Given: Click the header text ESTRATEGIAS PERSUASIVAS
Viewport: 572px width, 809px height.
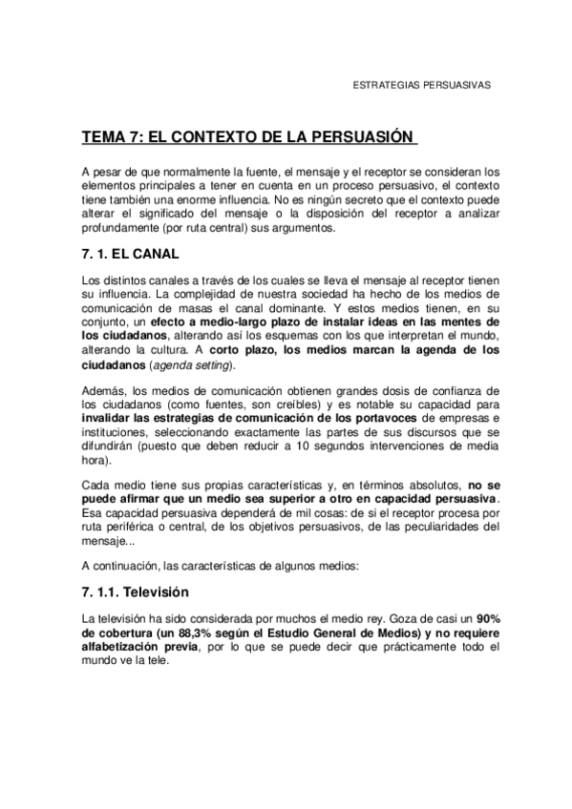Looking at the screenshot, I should pos(422,85).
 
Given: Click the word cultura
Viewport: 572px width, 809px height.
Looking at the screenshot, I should pos(179,351).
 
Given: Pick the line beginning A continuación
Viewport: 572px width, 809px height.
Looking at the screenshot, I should pos(220,566).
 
